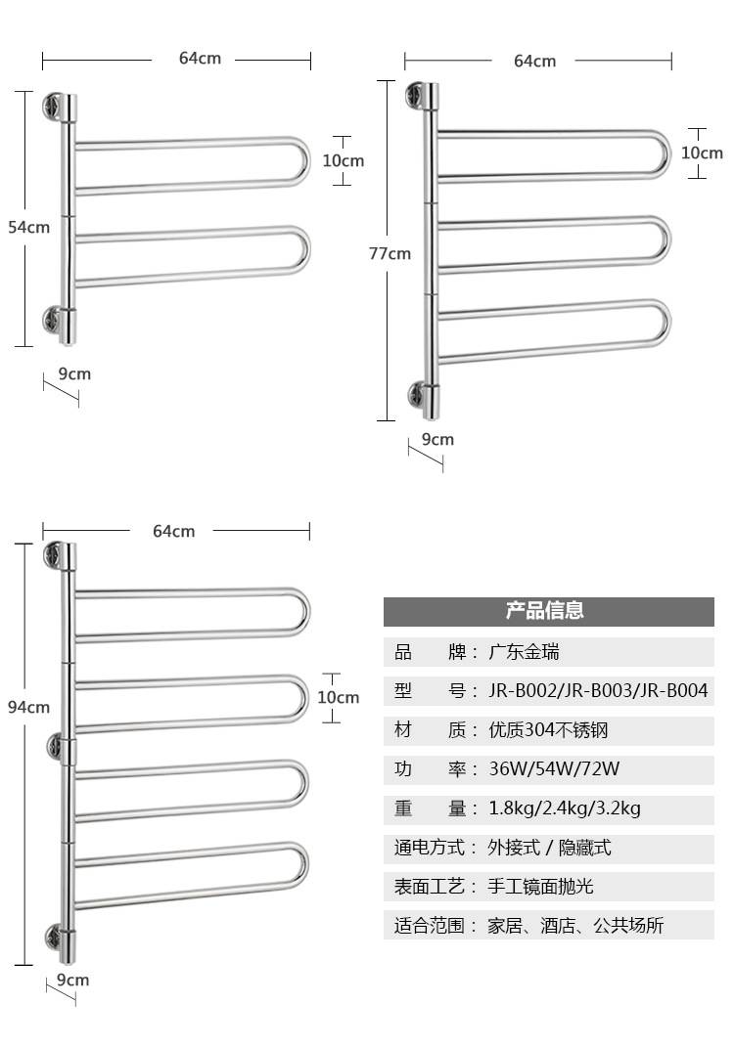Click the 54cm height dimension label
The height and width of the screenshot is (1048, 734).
28,227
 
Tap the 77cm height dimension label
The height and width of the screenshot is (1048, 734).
390,253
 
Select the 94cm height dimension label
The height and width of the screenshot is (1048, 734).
28,707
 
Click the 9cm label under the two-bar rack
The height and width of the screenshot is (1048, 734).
74,373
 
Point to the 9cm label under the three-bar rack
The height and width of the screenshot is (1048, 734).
437,439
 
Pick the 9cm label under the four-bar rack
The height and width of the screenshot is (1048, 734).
73,980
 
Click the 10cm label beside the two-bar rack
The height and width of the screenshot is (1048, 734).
344,160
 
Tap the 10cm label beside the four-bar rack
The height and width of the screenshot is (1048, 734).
338,697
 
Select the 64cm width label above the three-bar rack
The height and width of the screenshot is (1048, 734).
534,61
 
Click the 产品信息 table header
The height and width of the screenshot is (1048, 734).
545,610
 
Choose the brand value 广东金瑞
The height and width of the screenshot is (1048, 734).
524,652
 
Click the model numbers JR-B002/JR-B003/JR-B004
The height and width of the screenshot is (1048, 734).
598,690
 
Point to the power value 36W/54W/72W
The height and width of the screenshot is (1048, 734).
554,768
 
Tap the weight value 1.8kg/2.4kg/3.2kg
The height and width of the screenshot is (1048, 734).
565,808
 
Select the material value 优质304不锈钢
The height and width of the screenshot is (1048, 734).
548,730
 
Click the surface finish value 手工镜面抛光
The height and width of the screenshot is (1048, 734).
540,887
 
